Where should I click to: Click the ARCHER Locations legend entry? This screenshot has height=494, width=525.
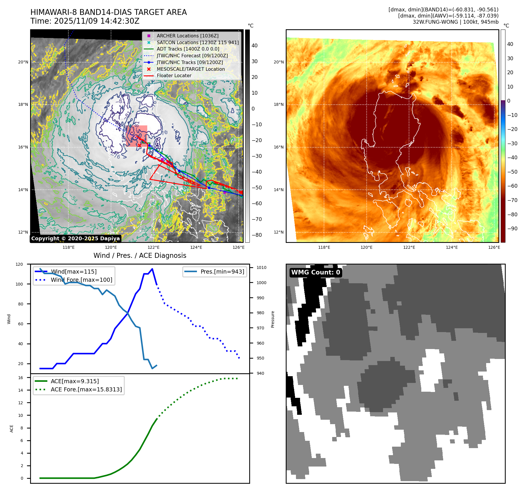point(187,36)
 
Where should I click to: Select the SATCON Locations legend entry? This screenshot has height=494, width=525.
point(197,42)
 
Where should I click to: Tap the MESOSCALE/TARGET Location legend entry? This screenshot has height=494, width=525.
point(190,69)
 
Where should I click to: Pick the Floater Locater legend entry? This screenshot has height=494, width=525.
point(174,75)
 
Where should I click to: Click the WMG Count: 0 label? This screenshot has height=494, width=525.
point(316,272)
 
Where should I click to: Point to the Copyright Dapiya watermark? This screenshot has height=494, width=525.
point(75,239)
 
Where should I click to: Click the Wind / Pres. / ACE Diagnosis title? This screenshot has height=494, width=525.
point(140,255)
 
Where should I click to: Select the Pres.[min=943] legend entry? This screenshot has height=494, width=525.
point(222,272)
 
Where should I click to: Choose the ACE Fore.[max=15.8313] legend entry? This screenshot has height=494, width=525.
point(86,389)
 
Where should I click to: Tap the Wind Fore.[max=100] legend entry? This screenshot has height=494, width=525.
point(81,280)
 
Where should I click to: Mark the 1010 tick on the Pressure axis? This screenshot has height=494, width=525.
point(261,267)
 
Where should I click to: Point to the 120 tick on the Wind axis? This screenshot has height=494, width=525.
point(19,264)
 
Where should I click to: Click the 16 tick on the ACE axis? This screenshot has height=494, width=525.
point(20,378)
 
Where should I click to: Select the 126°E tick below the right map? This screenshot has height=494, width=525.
point(494,247)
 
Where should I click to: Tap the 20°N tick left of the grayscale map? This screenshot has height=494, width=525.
point(23,62)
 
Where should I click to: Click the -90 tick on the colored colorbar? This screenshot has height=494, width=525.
point(512,229)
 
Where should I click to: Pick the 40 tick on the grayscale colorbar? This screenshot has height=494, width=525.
point(254,46)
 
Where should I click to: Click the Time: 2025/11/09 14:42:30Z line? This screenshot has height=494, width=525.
point(85,21)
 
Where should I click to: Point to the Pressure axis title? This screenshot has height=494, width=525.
point(273,319)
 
